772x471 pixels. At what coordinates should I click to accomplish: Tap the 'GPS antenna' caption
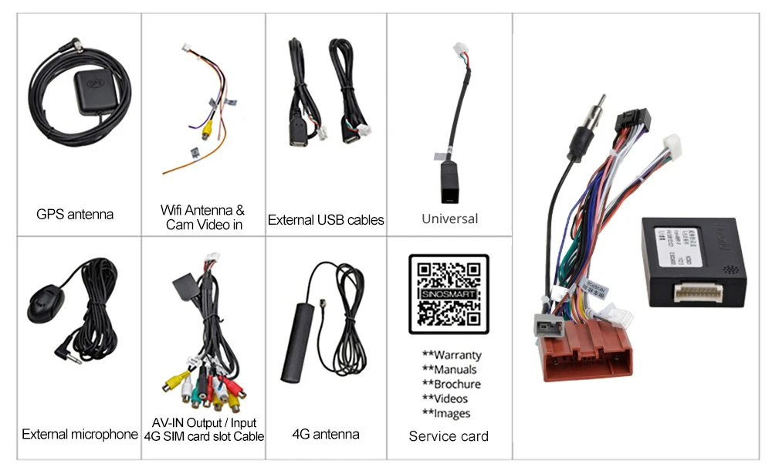click(x=75, y=214)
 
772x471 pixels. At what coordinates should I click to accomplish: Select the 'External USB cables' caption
click(x=326, y=220)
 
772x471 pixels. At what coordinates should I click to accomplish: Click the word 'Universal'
click(x=449, y=219)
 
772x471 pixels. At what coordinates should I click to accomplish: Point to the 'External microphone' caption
click(x=80, y=434)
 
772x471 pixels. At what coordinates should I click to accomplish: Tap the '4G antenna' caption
click(x=326, y=434)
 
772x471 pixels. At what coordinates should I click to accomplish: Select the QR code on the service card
click(x=449, y=293)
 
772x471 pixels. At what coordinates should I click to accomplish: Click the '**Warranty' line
click(x=452, y=355)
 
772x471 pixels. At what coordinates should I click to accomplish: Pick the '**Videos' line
click(x=445, y=398)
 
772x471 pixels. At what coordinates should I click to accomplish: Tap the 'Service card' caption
click(x=449, y=436)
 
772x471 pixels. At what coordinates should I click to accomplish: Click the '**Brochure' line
click(x=452, y=384)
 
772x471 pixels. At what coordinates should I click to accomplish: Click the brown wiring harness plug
click(x=587, y=351)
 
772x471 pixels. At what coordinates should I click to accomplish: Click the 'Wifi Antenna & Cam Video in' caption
click(x=203, y=217)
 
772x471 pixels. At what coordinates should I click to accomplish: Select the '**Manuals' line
click(x=449, y=370)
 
